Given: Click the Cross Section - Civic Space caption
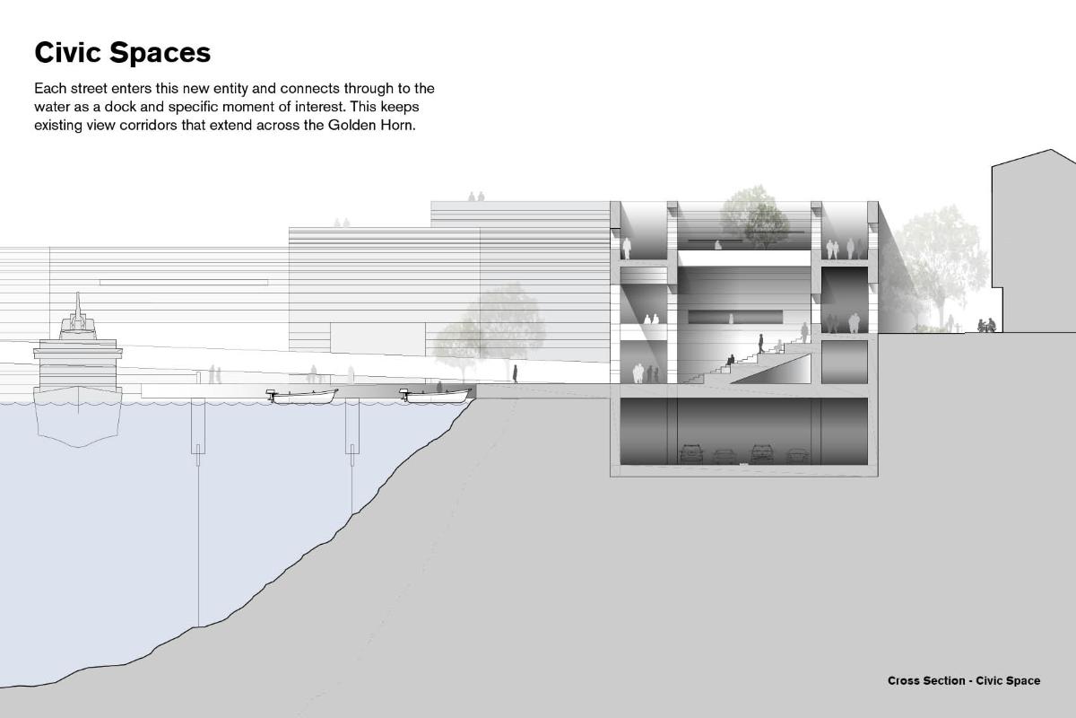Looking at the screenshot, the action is (x=964, y=680).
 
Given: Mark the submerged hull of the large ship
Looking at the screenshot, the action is (x=78, y=425).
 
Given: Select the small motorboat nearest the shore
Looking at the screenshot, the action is (x=435, y=396).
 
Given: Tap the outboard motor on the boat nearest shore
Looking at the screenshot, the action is (x=405, y=395).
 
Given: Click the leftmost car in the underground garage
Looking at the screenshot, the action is (x=691, y=453).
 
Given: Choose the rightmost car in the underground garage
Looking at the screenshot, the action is (x=797, y=456).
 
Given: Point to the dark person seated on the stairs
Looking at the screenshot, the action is (x=731, y=360).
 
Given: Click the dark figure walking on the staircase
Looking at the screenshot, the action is (x=761, y=344).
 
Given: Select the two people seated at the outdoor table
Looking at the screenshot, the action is (x=987, y=325).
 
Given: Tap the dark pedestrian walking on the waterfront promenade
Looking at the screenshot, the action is (x=515, y=373).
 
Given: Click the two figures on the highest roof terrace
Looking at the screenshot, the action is (x=476, y=197).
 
